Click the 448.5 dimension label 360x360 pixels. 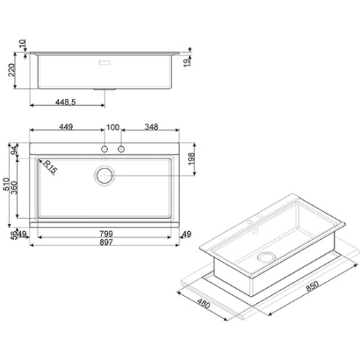click(66, 102)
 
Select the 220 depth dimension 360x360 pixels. click(12, 70)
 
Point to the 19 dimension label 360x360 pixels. click(186, 63)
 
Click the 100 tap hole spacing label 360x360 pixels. click(113, 127)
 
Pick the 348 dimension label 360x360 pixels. click(151, 127)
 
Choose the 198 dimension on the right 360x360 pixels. click(192, 159)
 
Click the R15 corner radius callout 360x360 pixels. click(50, 167)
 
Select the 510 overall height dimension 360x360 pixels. click(6, 184)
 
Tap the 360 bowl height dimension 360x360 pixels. click(14, 188)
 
